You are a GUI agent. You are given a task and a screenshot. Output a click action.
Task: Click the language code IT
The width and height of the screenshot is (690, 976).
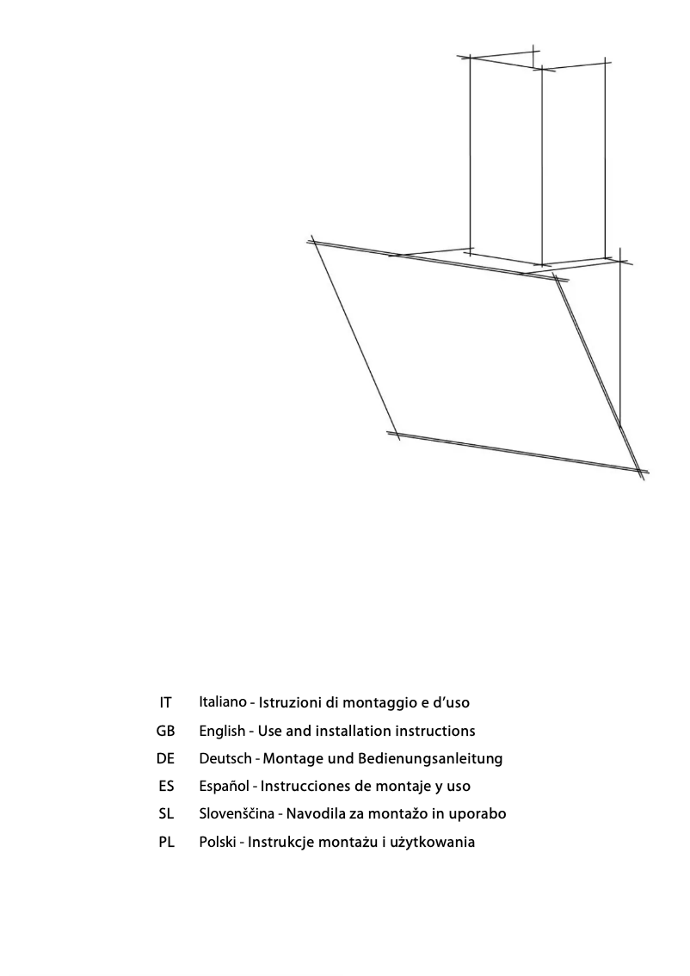click(166, 703)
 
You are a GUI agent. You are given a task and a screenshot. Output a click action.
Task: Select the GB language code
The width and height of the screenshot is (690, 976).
click(166, 731)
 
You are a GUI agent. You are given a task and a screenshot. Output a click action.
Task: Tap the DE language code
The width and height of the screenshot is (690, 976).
click(166, 758)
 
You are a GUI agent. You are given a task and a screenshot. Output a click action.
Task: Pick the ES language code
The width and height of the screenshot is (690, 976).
click(166, 786)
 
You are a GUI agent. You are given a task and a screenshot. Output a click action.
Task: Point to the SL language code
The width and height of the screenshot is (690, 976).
click(166, 813)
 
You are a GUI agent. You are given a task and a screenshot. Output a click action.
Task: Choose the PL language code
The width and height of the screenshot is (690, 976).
click(166, 842)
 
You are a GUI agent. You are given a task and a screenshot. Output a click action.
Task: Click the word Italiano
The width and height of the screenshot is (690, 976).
click(222, 702)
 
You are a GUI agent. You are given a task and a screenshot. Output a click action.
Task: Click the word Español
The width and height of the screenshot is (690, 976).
click(224, 786)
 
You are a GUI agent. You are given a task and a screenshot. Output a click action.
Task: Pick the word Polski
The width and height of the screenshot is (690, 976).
click(219, 842)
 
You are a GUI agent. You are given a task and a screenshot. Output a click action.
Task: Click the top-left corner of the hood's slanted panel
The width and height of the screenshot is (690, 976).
click(315, 242)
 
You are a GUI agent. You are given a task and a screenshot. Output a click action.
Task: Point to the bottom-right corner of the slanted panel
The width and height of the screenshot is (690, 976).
click(640, 471)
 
